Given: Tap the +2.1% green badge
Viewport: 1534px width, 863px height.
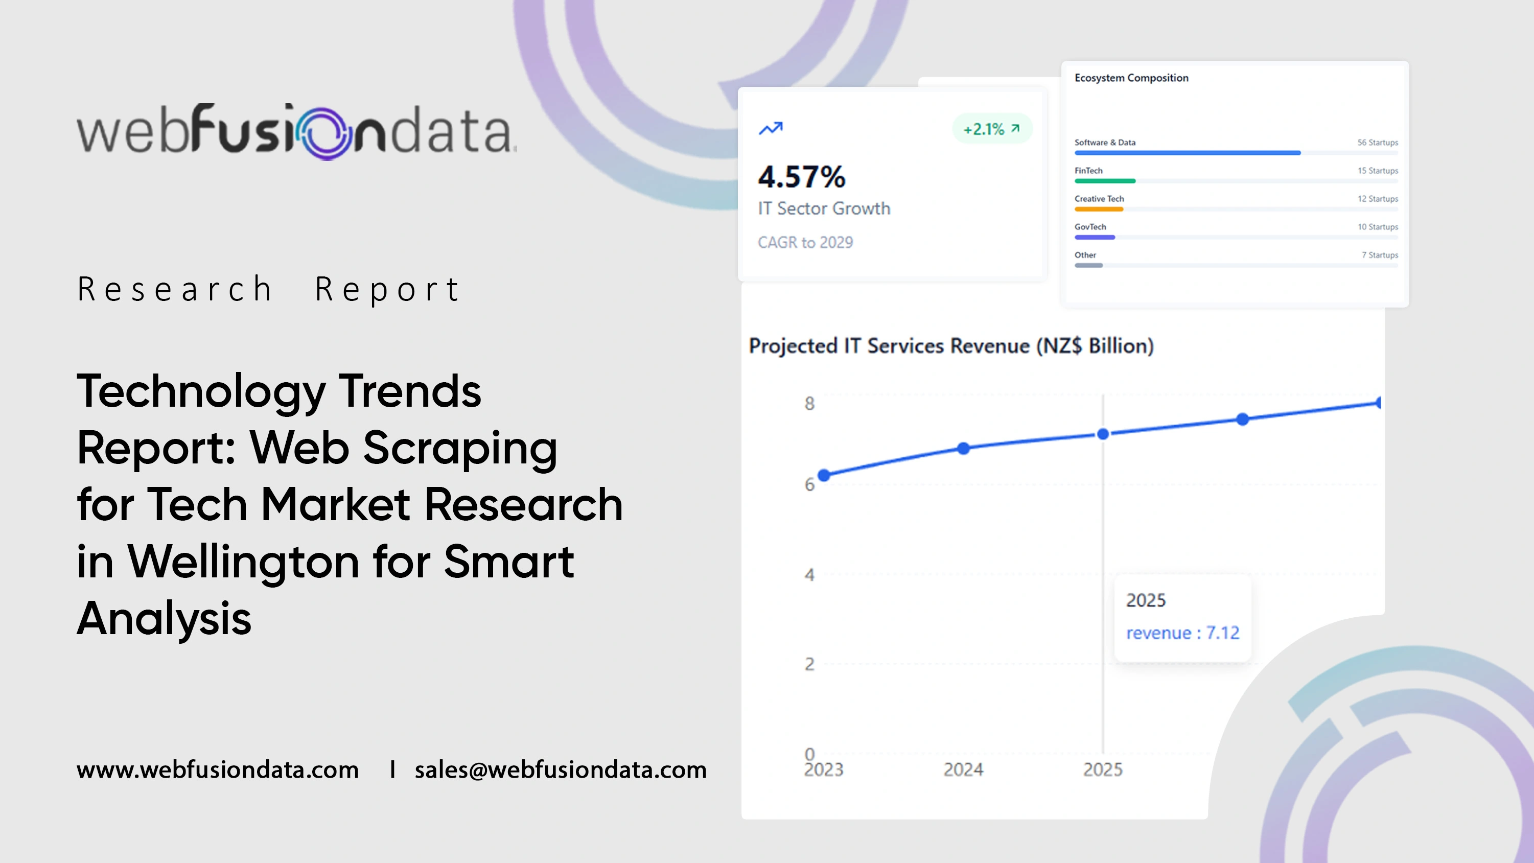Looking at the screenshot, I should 991,129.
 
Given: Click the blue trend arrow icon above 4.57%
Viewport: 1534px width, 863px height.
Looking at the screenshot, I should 771,128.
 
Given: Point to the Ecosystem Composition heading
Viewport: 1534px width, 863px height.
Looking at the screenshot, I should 1131,78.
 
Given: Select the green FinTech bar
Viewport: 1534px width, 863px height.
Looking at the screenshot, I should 1105,181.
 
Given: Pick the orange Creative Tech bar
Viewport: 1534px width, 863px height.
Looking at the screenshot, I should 1099,209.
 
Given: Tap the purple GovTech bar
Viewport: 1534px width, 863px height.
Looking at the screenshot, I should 1095,237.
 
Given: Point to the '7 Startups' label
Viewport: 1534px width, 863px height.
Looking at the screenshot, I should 1379,255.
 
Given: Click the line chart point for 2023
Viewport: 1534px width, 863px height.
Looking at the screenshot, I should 824,475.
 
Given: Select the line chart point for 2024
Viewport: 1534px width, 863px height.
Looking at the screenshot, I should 964,448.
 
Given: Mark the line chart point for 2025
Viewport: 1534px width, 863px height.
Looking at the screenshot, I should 1103,434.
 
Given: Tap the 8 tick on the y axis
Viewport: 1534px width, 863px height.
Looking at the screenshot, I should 809,404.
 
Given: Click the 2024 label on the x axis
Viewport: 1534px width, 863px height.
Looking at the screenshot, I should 963,769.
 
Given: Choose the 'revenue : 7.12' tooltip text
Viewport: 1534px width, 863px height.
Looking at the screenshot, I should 1182,633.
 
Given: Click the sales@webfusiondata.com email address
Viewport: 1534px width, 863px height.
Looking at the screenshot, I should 561,769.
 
